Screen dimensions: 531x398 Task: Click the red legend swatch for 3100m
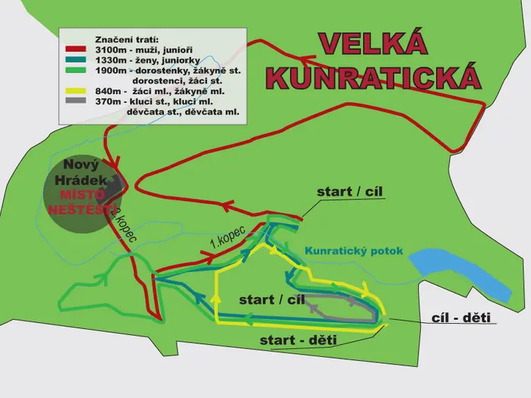(75, 49)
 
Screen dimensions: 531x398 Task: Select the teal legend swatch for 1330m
(75, 60)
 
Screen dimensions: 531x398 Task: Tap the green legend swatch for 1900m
(75, 70)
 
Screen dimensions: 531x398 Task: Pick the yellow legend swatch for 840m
(75, 91)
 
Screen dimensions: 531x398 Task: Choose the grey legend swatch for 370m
(75, 101)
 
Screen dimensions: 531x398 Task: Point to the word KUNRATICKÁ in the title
(373, 77)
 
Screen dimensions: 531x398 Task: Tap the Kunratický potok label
(354, 251)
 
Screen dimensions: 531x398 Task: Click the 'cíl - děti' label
(461, 318)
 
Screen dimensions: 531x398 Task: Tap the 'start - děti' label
(298, 340)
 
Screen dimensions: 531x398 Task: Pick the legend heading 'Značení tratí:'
(127, 39)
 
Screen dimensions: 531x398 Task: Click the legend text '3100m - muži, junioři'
(144, 50)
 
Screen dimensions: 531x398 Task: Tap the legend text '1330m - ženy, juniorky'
(148, 61)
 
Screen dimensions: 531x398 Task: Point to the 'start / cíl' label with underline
(350, 192)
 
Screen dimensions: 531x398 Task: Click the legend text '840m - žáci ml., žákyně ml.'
(160, 91)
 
